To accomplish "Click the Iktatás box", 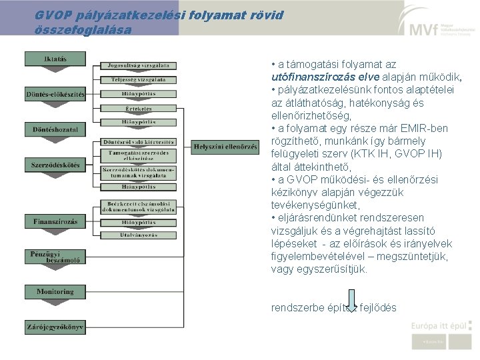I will tap(55, 59).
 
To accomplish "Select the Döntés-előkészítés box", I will tap(55, 94).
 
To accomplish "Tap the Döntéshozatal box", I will tap(55, 129).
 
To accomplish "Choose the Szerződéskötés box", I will tap(55, 164).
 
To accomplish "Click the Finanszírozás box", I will tap(55, 221).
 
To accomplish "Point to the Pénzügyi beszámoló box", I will tap(55, 257).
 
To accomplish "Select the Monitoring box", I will tap(55, 291).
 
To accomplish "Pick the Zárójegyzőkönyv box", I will tap(55, 327).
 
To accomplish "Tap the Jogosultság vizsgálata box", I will tap(139, 65).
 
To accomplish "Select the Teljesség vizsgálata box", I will tap(139, 80).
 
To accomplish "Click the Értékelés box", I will tap(139, 109).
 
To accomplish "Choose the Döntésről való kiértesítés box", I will tap(139, 141).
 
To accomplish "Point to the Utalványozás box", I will tap(139, 235).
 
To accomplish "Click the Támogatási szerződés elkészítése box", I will tap(139, 156).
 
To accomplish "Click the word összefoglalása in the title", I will tap(83, 30).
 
